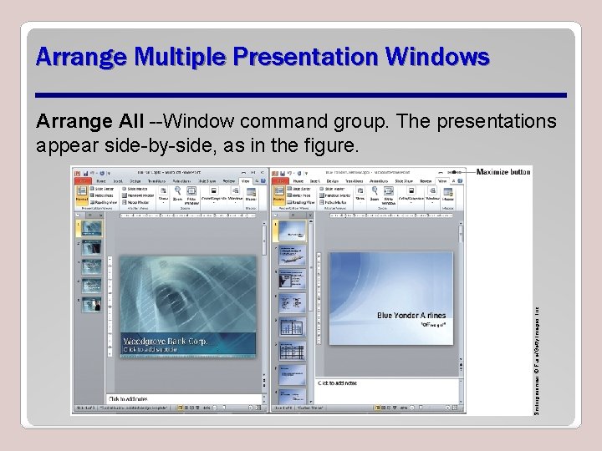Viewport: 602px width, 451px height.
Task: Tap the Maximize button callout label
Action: tap(503, 172)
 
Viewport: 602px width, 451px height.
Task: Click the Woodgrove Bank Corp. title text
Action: tap(168, 342)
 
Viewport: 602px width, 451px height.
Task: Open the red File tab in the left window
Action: tap(81, 180)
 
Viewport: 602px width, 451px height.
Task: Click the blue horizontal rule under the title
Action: tap(301, 94)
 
